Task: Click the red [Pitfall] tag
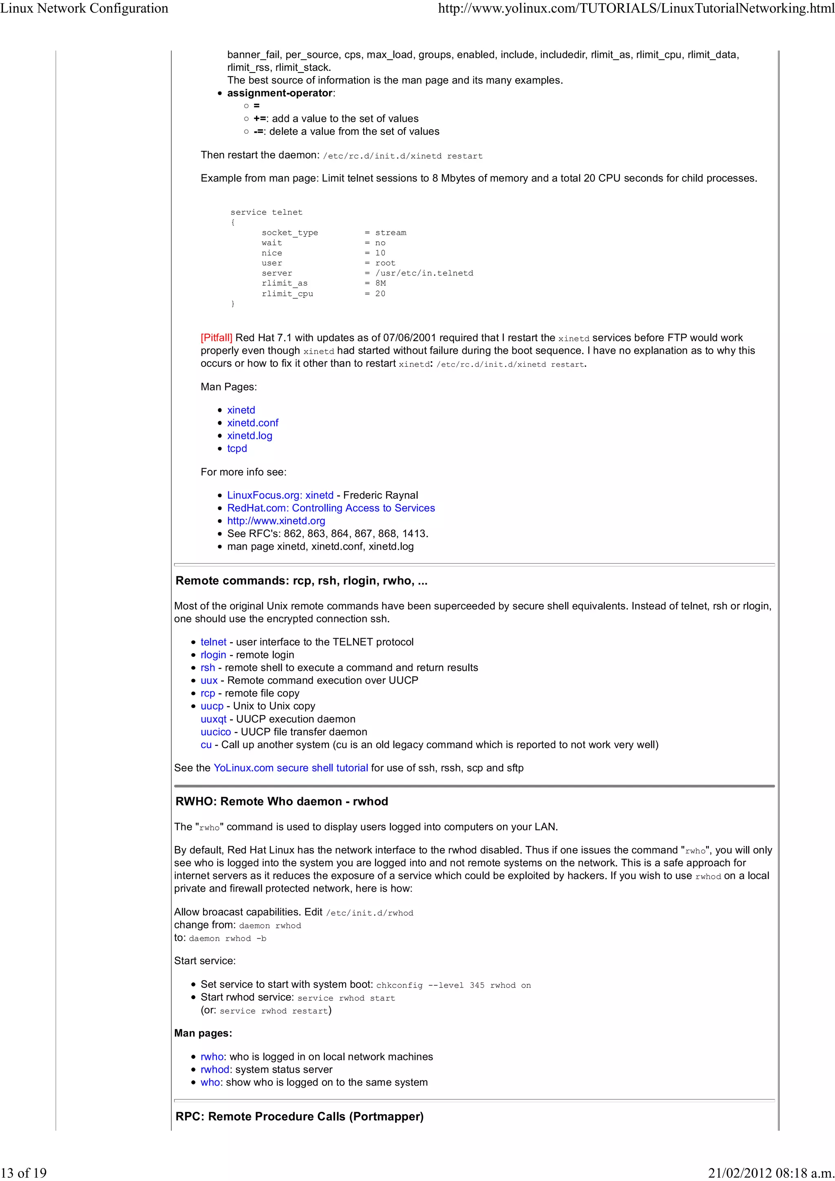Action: (216, 338)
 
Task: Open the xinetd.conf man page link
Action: (253, 423)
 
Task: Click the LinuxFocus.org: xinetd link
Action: (280, 495)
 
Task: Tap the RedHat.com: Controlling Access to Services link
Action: (331, 508)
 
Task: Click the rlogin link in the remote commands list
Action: (213, 655)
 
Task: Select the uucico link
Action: (216, 732)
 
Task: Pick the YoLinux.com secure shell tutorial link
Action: (291, 768)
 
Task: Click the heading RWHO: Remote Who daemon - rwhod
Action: (281, 801)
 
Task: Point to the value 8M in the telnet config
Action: (380, 283)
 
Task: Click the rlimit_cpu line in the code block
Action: (287, 294)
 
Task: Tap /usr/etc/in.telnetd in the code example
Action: (424, 273)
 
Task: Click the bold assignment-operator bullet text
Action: (280, 93)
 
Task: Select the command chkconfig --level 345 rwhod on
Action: (453, 985)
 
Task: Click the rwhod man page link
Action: (214, 1069)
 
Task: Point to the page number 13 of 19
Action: (24, 1173)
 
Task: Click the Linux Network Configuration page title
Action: (84, 8)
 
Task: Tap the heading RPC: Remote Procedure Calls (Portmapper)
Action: (299, 1117)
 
